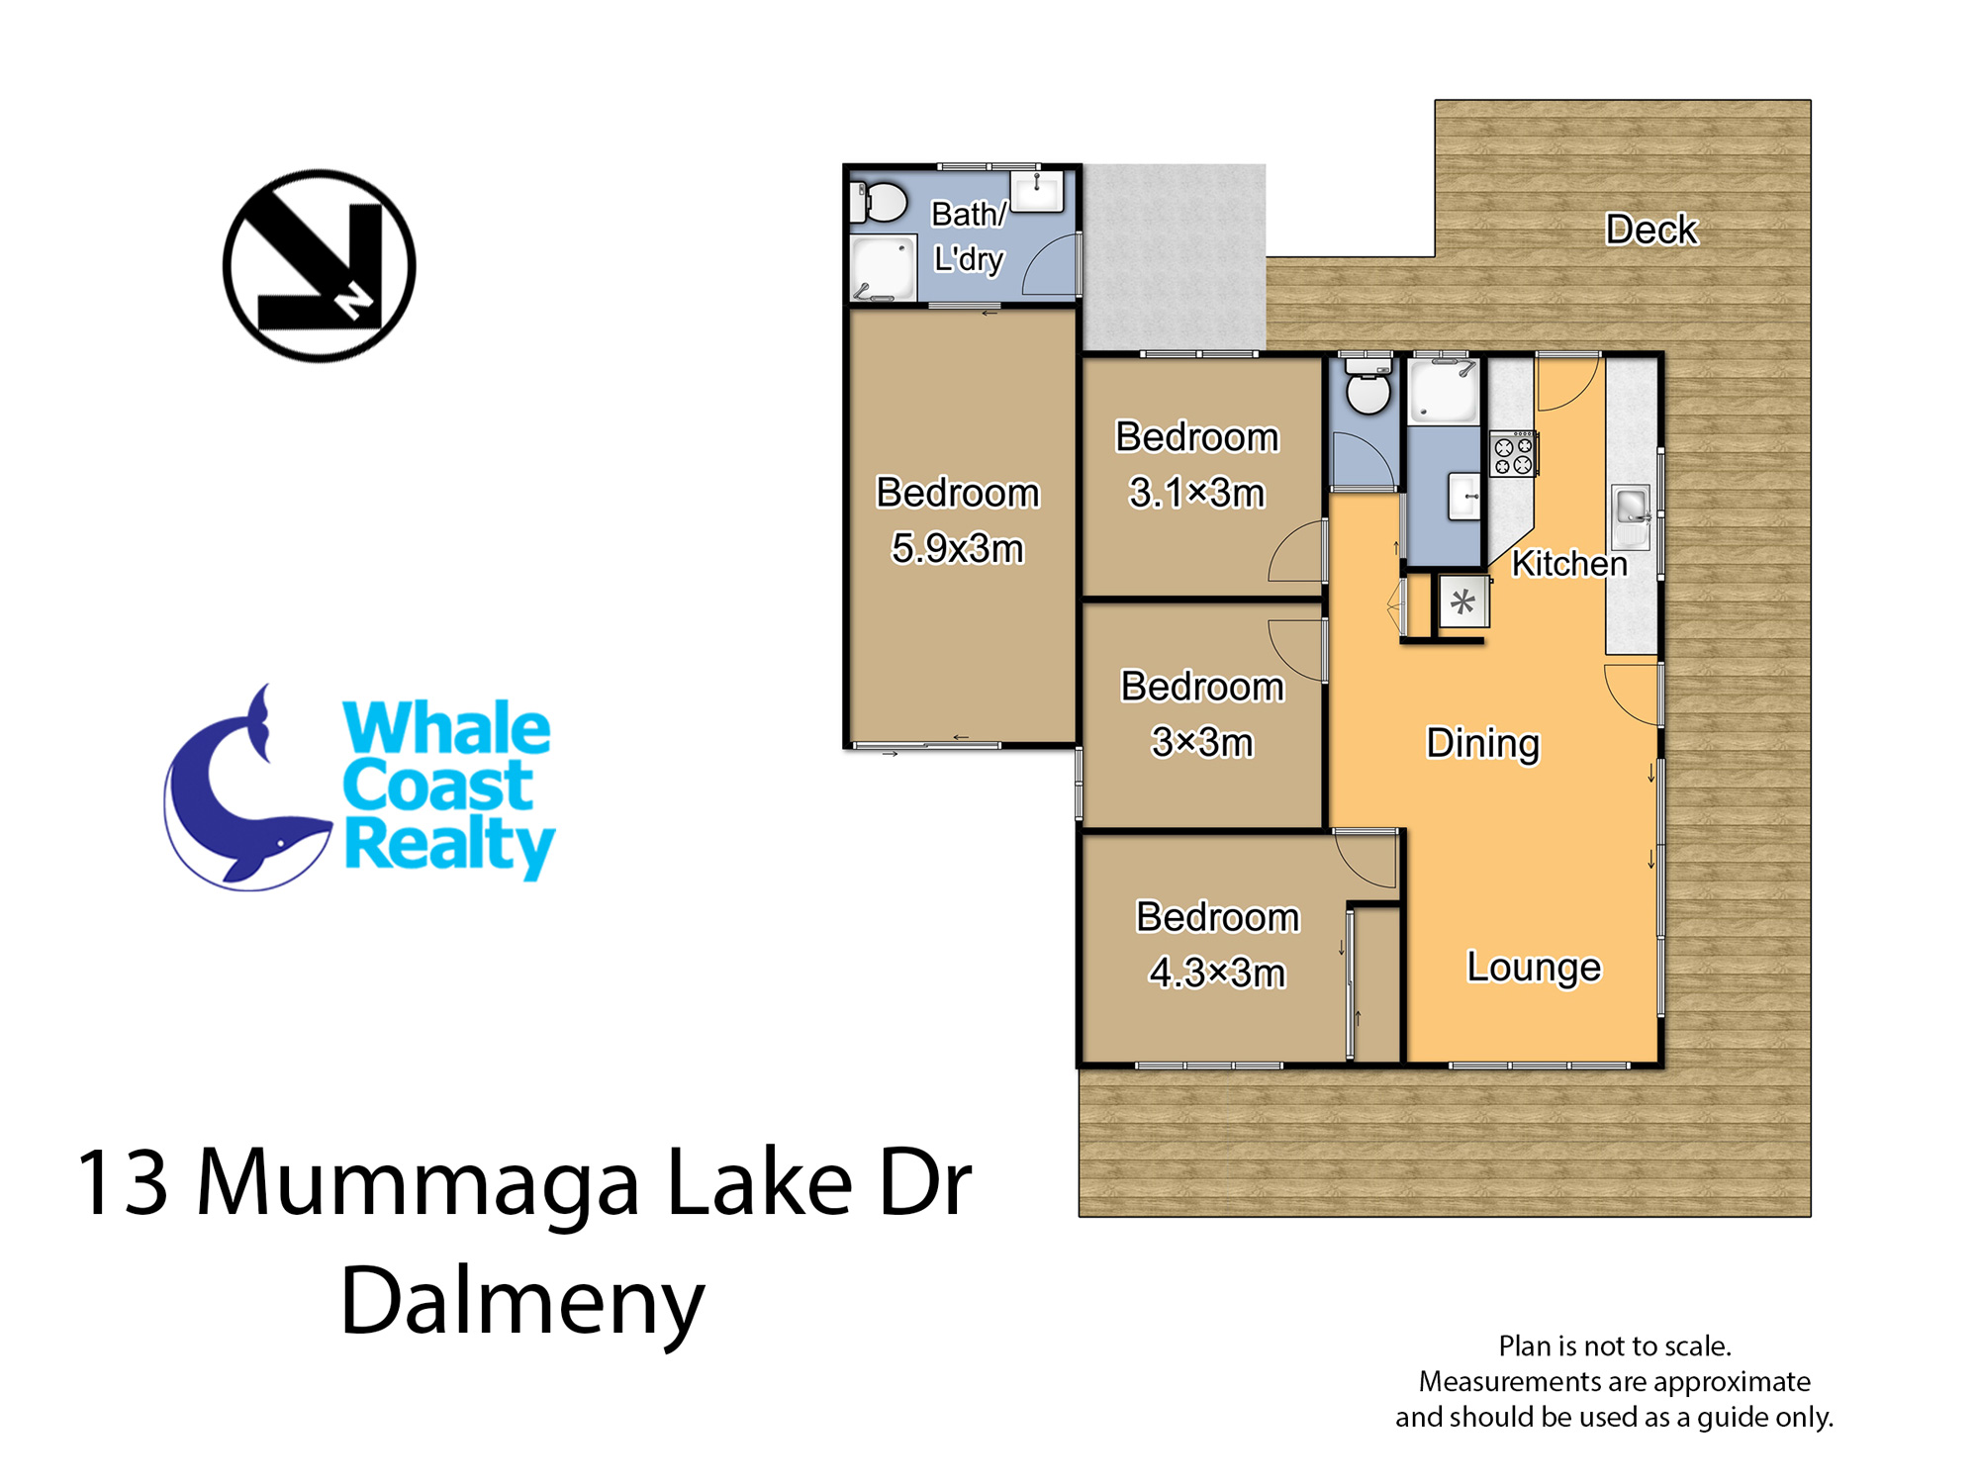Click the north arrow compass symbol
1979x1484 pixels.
point(319,265)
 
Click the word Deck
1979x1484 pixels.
point(1650,230)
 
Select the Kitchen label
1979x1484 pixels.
point(1569,563)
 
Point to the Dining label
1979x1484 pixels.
point(1482,744)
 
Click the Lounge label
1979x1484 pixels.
point(1534,967)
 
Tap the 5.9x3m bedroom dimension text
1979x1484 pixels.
point(957,548)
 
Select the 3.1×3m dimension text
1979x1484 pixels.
point(1197,493)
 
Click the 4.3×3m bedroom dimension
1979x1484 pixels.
point(1217,973)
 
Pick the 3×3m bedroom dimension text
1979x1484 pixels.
point(1202,742)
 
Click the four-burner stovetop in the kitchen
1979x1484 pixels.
point(1513,453)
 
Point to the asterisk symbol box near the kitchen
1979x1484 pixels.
point(1462,602)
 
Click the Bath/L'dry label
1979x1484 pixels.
point(969,236)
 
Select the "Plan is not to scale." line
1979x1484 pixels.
point(1615,1345)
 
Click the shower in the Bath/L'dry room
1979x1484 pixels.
point(884,268)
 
